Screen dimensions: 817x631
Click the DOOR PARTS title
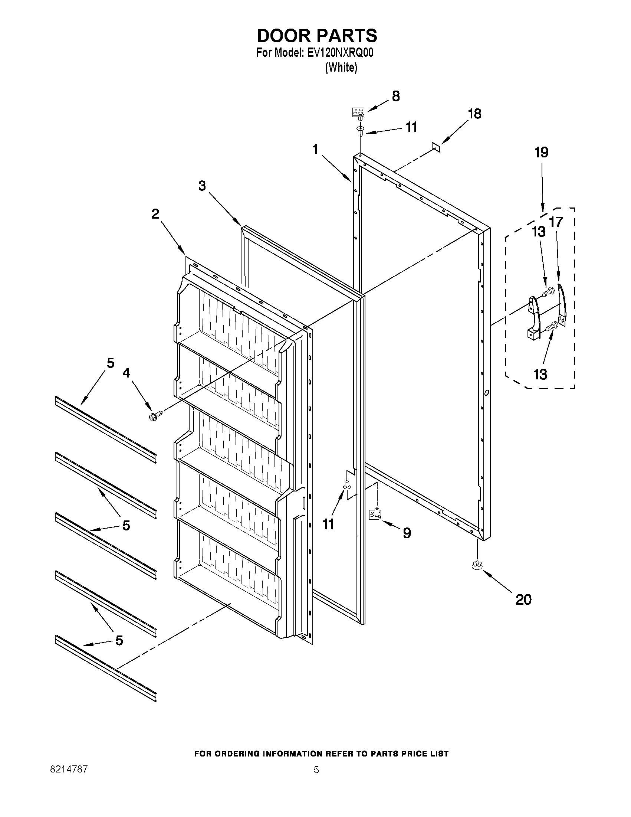click(317, 36)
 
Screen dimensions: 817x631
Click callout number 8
click(396, 96)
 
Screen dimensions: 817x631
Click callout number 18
click(475, 114)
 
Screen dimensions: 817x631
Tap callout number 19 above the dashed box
click(541, 152)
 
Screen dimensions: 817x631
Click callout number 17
click(556, 222)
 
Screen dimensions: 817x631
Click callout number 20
click(523, 599)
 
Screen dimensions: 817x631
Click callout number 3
click(202, 186)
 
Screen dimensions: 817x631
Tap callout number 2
click(155, 214)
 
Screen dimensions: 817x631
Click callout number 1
click(315, 150)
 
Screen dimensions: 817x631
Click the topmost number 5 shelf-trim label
click(110, 363)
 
